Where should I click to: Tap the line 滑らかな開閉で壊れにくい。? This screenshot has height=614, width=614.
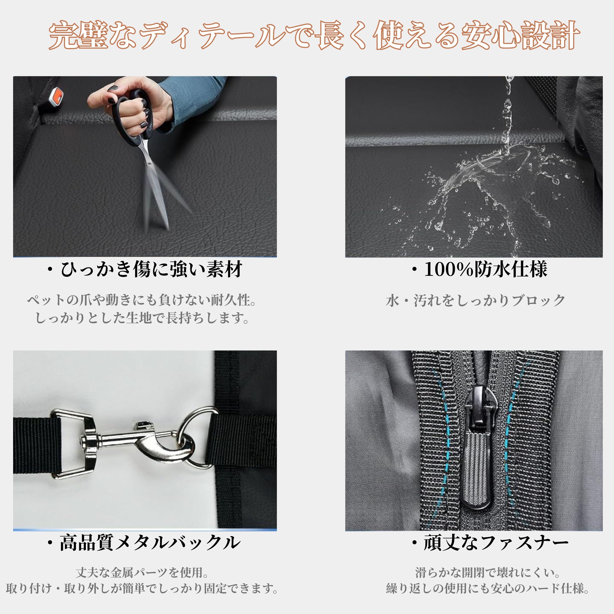[x=488, y=573]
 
